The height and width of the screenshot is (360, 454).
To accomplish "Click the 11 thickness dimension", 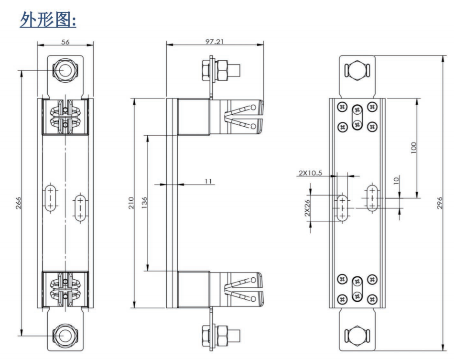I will point(208,181).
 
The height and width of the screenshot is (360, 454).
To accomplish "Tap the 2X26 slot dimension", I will point(308,207).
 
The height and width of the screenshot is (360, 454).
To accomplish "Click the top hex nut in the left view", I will point(64,70).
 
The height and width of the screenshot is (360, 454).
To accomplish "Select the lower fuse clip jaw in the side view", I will point(244,289).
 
